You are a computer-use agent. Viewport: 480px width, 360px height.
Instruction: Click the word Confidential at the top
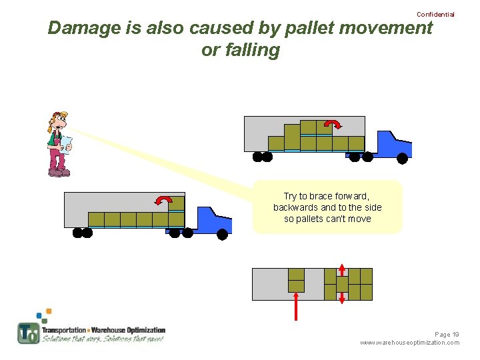[x=435, y=14]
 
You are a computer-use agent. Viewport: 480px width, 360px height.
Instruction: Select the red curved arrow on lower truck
[x=163, y=199]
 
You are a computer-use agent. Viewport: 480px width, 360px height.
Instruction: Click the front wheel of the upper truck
[x=402, y=158]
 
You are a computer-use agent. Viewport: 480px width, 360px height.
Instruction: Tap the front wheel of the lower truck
[x=222, y=234]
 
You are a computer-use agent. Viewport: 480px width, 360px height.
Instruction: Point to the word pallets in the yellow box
[x=317, y=219]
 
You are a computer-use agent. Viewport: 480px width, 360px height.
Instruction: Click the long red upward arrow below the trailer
[x=296, y=306]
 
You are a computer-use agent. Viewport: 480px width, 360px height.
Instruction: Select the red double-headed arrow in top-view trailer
[x=342, y=284]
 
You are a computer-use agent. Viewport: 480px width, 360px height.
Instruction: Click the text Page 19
[x=447, y=334]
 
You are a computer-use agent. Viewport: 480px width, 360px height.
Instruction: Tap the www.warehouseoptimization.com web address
[x=409, y=343]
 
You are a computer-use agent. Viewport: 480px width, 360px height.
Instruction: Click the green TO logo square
[x=29, y=333]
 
